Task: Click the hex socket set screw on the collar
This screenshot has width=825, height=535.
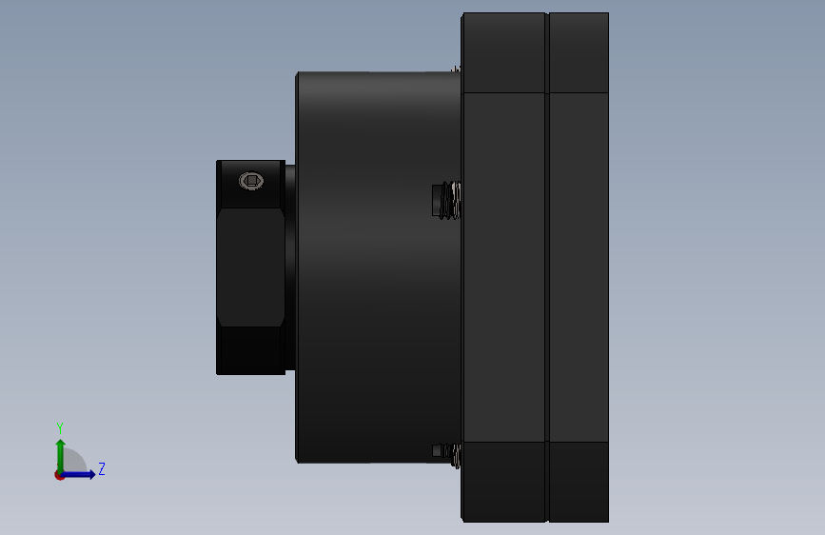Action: point(250,181)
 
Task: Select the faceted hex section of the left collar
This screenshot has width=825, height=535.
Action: point(251,267)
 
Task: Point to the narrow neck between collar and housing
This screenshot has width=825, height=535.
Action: point(290,267)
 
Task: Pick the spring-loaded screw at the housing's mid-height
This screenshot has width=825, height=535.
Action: point(445,200)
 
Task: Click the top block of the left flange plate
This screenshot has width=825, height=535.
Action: point(503,52)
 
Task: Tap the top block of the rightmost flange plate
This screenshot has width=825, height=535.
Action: point(579,52)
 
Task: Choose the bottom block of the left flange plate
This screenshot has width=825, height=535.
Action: point(503,481)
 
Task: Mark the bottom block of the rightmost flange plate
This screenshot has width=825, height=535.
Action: point(579,481)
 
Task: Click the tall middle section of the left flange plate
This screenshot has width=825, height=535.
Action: point(503,267)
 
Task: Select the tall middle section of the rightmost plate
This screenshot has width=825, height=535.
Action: point(579,267)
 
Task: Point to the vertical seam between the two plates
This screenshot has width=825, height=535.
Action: point(547,267)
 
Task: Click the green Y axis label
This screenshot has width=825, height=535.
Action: point(60,428)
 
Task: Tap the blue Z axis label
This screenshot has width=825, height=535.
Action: point(102,469)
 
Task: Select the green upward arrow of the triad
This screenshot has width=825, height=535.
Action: point(60,452)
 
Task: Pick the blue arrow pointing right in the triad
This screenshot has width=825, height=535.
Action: point(82,474)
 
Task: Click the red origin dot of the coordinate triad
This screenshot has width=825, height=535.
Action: point(59,475)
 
